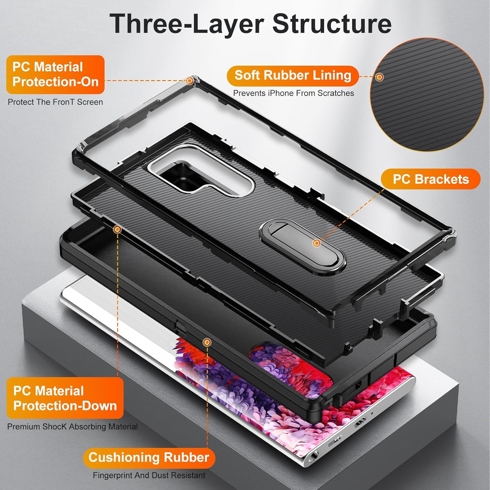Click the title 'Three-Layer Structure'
pos(250,24)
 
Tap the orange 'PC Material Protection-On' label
pos(55,74)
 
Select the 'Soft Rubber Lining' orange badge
pos(293,75)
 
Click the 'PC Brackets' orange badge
pos(431,179)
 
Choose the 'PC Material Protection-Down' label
pos(65,398)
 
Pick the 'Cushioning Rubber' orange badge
pos(149,457)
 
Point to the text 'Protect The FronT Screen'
pos(55,102)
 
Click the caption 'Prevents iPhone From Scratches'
pos(293,93)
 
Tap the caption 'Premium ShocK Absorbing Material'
pos(72,427)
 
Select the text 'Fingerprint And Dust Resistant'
pos(149,475)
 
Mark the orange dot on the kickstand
pos(316,243)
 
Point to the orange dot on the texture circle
pos(379,77)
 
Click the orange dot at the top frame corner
pos(189,81)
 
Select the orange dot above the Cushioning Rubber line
pos(207,342)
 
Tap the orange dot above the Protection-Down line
pos(117,230)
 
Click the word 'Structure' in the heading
pos(332,24)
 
